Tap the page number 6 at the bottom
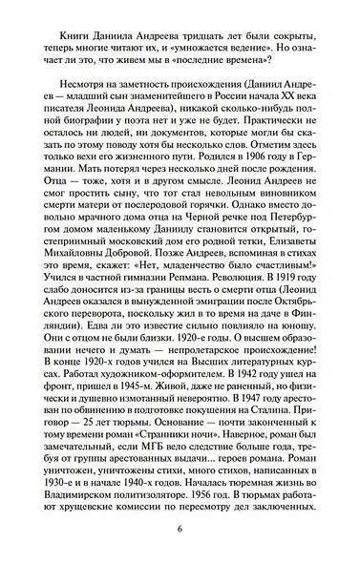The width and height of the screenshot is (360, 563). [179, 555]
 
